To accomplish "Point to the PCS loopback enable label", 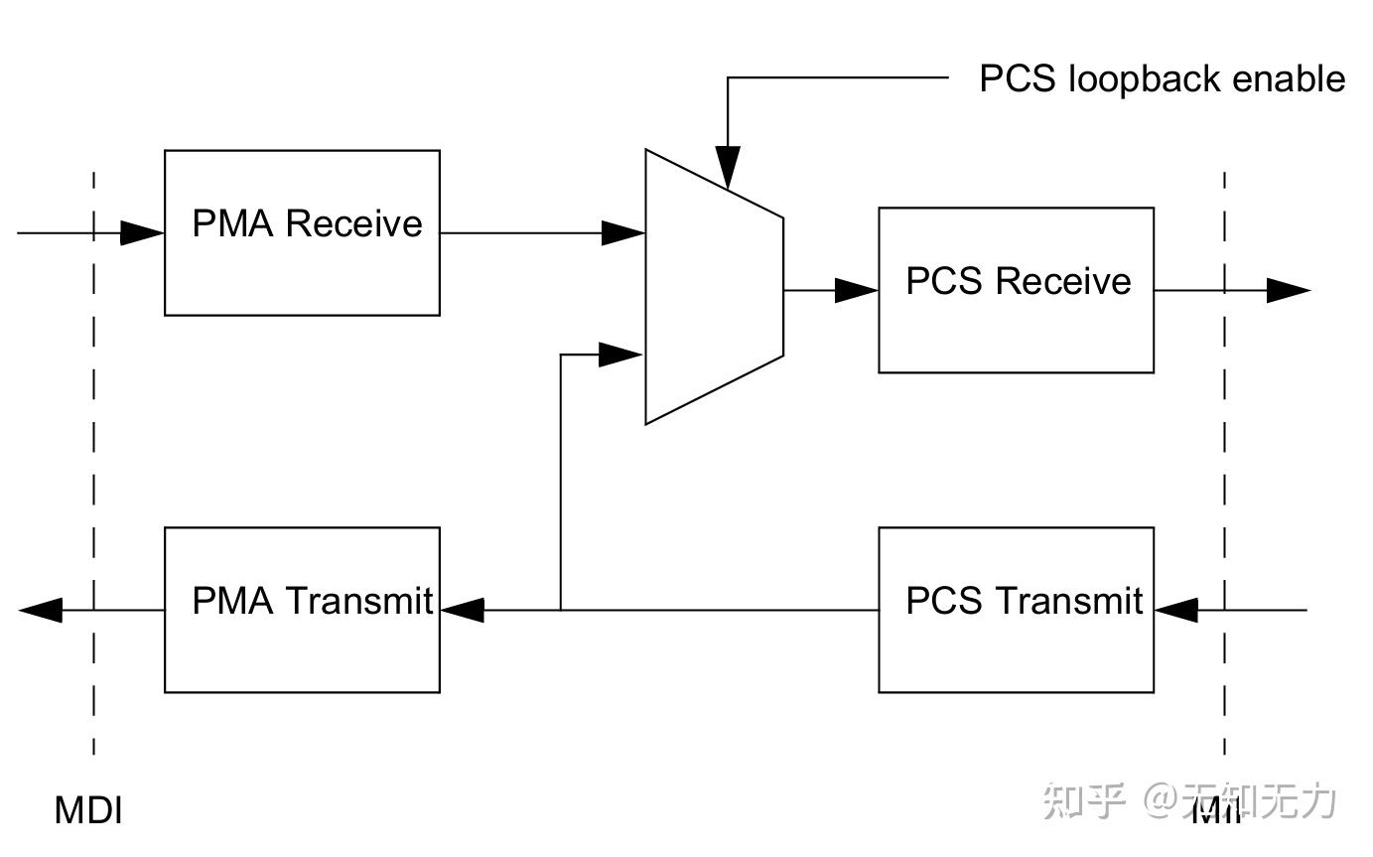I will point(1162,79).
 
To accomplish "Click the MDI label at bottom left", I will point(88,810).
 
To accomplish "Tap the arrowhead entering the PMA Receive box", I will point(142,233).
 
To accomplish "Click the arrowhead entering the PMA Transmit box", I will point(462,610).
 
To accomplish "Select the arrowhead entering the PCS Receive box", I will point(857,290).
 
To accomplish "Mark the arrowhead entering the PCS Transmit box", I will point(1176,610).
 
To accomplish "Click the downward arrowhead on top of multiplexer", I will point(728,167).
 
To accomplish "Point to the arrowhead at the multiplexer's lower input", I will point(621,355).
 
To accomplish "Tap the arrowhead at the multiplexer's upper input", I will point(623,233).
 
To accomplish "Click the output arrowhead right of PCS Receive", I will point(1289,290).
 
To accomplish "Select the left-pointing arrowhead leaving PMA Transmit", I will point(41,610).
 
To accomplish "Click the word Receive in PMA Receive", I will point(353,223).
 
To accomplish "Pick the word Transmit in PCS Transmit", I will point(1069,601).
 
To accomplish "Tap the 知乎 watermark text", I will point(1084,801).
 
